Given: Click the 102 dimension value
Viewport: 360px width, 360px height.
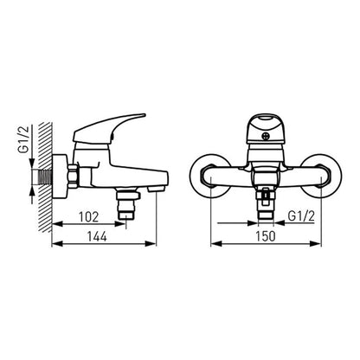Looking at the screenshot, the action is point(89,217).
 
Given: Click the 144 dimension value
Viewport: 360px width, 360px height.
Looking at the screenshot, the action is point(97,236).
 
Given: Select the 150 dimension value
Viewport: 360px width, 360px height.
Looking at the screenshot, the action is point(266,236).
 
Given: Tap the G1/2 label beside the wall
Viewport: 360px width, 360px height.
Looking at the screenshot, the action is point(25,140).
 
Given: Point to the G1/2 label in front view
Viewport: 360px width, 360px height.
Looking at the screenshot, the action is point(301,216).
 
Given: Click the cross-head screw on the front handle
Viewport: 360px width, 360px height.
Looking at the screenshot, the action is point(264,136).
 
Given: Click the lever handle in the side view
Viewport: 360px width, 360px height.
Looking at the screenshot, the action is point(109,128).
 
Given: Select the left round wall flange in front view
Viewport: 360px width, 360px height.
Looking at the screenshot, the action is point(211,176).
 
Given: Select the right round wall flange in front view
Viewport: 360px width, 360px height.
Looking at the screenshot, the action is point(321,176).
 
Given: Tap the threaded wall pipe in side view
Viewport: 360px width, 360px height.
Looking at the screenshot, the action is point(42,177).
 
